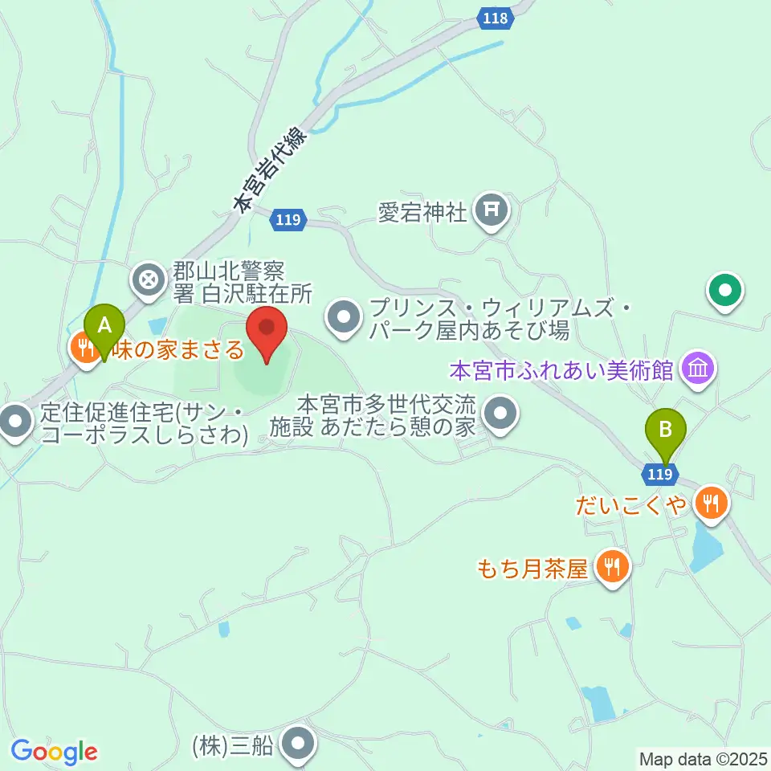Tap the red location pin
[x=267, y=333]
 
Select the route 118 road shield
[x=496, y=18]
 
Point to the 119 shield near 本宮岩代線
[x=288, y=220]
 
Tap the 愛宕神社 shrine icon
[x=492, y=210]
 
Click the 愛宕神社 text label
[x=422, y=213]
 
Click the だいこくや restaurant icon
[x=710, y=503]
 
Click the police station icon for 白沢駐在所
[x=149, y=280]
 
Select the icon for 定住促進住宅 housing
[x=14, y=422]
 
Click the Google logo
[x=54, y=752]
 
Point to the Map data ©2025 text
[x=701, y=757]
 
